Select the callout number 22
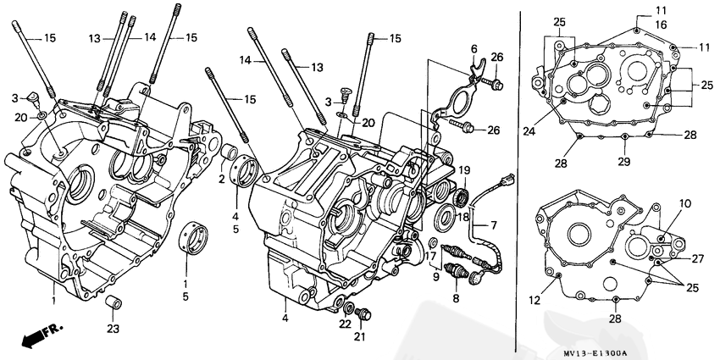(x=345, y=324)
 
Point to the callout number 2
(x=220, y=180)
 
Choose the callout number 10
(x=684, y=204)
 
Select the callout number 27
(x=696, y=258)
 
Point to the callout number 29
(x=623, y=161)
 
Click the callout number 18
(x=463, y=216)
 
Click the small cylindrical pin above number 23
(x=110, y=303)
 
